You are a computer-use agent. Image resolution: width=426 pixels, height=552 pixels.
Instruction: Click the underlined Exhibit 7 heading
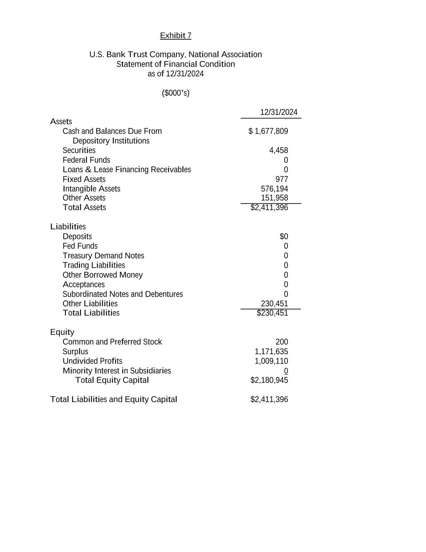[x=176, y=36]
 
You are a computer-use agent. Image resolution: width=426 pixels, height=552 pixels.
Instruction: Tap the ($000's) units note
[x=176, y=93]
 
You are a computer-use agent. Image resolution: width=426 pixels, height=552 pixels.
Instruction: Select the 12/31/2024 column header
[x=279, y=112]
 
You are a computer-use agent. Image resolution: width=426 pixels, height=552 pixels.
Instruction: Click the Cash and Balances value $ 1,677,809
[x=268, y=131]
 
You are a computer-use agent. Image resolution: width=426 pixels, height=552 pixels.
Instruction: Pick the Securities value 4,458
[x=279, y=150]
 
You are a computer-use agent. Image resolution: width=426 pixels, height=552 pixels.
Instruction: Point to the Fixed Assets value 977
[x=282, y=179]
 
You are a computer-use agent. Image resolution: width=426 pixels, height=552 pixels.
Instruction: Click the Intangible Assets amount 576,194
[x=275, y=189]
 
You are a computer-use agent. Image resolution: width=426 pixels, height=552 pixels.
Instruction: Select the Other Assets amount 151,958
[x=275, y=198]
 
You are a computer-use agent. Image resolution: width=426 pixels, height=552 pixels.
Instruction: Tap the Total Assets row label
[x=84, y=207]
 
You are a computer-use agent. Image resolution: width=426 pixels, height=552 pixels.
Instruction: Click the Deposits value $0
[x=284, y=237]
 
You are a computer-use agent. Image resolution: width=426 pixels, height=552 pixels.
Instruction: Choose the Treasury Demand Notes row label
[x=103, y=256]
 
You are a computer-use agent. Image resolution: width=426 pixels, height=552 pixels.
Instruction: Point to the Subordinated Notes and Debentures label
[x=123, y=294]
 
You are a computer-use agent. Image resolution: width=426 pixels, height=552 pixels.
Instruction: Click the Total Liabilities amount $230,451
[x=273, y=313]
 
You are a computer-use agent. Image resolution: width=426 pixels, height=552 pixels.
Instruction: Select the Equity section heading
[x=62, y=332]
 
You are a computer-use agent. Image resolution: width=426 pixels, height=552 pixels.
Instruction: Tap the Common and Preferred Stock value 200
[x=282, y=342]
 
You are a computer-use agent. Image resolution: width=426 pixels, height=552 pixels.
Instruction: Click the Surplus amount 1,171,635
[x=271, y=352]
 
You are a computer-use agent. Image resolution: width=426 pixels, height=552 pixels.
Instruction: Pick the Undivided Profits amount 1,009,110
[x=271, y=361]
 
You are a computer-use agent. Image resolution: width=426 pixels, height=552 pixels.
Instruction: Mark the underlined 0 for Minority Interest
[x=286, y=371]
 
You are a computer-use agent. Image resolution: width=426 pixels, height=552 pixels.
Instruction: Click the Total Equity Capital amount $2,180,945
[x=269, y=380]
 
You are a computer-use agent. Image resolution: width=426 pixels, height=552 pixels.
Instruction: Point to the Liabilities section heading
[x=68, y=227]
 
